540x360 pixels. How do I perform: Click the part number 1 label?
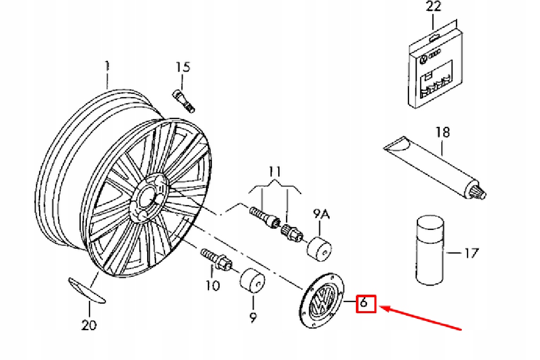click(x=107, y=66)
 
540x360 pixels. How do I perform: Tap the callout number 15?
click(x=183, y=67)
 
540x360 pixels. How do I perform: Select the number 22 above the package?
click(x=434, y=7)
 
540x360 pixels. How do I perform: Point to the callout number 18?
click(x=442, y=132)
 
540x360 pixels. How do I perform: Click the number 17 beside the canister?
click(x=471, y=253)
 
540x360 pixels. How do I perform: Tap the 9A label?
click(x=321, y=213)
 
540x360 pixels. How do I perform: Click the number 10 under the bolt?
click(x=212, y=285)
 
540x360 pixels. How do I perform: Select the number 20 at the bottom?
click(x=89, y=325)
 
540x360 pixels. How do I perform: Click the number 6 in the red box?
click(x=364, y=303)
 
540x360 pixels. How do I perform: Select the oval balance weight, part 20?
click(x=86, y=289)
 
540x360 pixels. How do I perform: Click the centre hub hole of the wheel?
click(x=146, y=198)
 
